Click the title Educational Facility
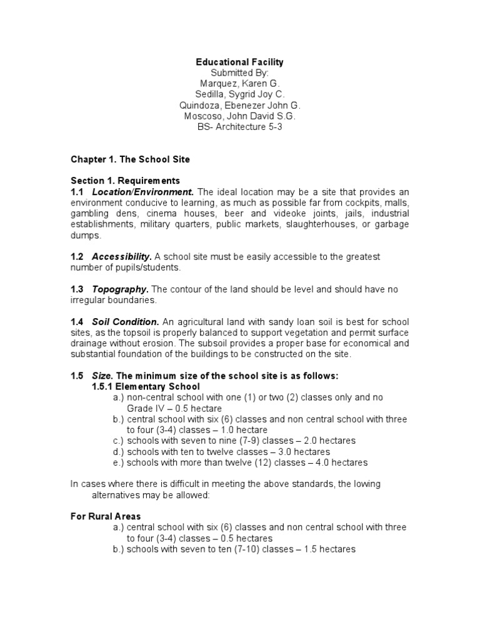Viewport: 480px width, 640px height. (240, 62)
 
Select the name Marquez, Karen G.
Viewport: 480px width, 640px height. (240, 83)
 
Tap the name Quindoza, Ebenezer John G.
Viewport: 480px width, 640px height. (240, 105)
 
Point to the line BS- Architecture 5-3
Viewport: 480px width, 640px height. (240, 127)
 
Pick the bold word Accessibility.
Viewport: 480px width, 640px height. (122, 257)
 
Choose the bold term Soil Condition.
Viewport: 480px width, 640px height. (125, 322)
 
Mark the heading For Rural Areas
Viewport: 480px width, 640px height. (105, 517)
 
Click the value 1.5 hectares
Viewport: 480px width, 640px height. (331, 549)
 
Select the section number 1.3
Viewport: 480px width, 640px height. (77, 289)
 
